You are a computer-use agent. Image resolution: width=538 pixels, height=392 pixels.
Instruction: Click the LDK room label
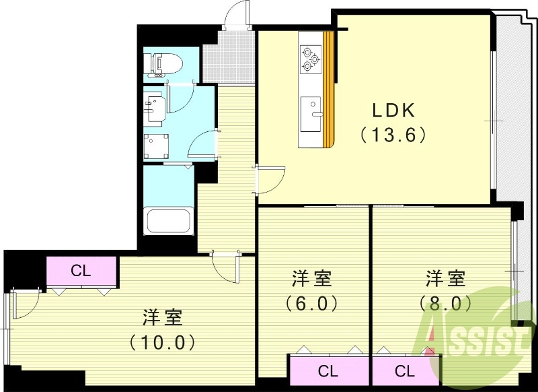coord(393,110)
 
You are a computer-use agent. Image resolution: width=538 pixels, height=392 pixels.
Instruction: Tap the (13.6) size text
coord(393,135)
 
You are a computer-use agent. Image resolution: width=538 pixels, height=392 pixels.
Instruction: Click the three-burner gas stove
coord(311,59)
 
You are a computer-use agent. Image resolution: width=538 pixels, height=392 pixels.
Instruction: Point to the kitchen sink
coord(311,114)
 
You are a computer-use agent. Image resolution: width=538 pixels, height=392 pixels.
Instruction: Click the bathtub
coord(168,220)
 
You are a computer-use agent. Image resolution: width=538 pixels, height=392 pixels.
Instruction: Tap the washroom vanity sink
coord(154,106)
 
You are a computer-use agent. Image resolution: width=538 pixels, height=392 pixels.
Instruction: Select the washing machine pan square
coord(156,146)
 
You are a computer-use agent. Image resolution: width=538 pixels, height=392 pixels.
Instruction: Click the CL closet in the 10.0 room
coord(81,271)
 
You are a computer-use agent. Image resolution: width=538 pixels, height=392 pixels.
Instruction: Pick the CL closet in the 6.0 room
coord(328,371)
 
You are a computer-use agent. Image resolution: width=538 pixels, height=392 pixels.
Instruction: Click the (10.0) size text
coord(162,342)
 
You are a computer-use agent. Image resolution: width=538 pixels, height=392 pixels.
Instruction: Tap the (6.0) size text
coord(311,304)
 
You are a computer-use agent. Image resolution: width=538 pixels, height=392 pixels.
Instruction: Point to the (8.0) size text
coord(445,304)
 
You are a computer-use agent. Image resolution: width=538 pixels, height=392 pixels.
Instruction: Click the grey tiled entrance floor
coord(229,57)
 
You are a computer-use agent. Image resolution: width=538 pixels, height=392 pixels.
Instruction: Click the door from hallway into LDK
coord(270,180)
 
